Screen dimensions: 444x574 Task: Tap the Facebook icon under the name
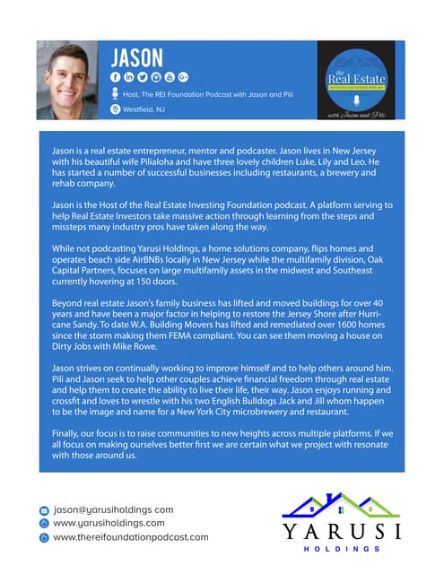(115, 78)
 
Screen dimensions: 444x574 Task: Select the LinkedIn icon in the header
(128, 78)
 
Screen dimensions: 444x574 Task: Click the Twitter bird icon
(142, 78)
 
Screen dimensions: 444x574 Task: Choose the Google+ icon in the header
(183, 78)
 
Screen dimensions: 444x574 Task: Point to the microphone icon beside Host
(115, 94)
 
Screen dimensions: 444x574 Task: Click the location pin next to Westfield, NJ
(115, 109)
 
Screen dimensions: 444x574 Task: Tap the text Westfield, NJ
(147, 109)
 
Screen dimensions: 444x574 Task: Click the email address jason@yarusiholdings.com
(112, 509)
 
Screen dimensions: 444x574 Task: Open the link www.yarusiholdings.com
(109, 523)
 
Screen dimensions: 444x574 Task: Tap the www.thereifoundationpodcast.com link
(130, 536)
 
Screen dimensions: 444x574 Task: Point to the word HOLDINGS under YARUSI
(341, 548)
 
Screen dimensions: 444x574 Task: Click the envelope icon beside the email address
(43, 509)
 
